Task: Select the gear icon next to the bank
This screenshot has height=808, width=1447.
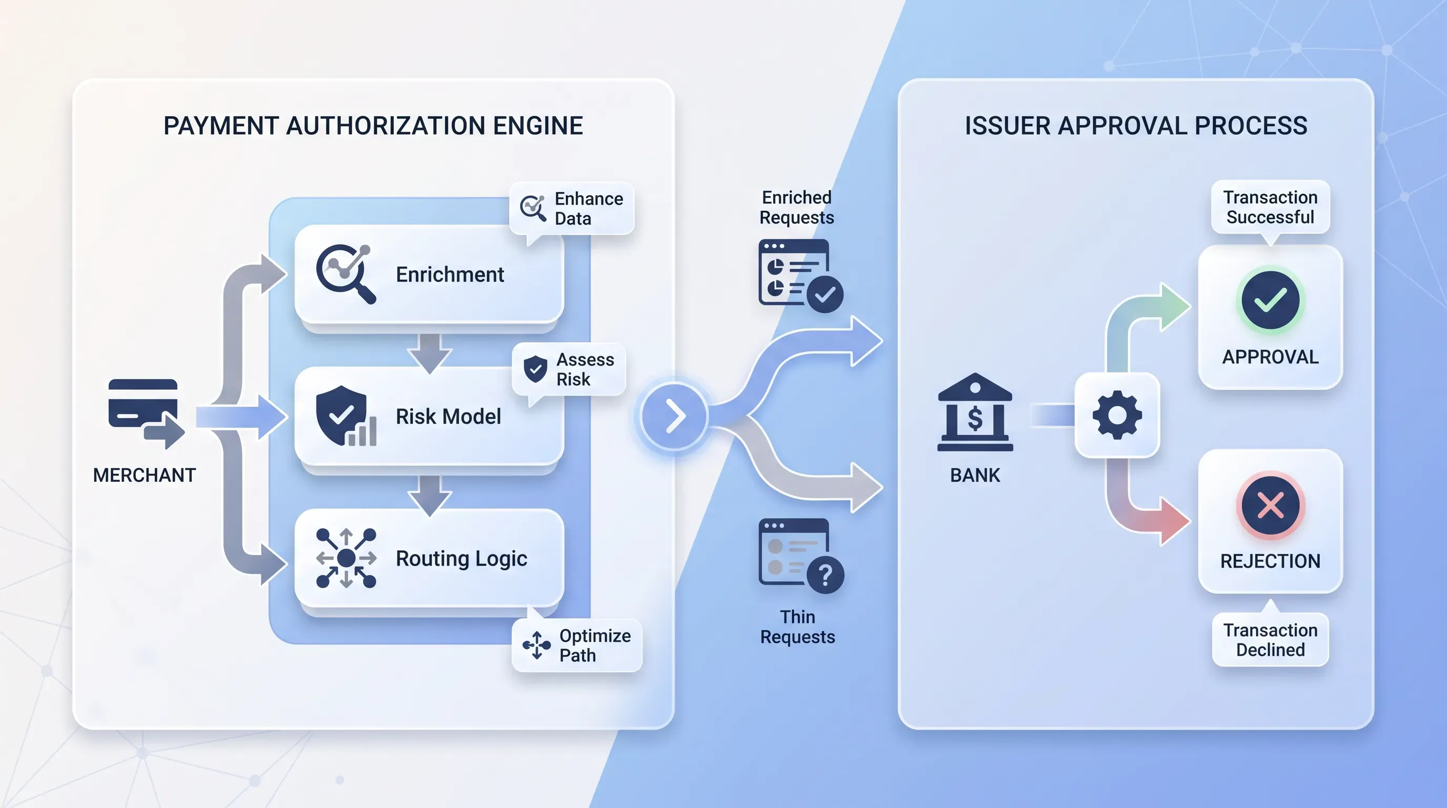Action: click(1117, 415)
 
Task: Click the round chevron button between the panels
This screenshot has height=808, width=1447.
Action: click(675, 416)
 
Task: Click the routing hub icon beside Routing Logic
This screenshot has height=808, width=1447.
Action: click(346, 558)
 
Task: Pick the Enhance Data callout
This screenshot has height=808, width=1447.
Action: click(572, 208)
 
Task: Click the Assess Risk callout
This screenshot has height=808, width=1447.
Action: click(569, 369)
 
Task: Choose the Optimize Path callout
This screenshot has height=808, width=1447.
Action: click(577, 645)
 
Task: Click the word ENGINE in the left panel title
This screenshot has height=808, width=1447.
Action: click(537, 125)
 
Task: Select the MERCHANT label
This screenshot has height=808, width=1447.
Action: click(145, 476)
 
